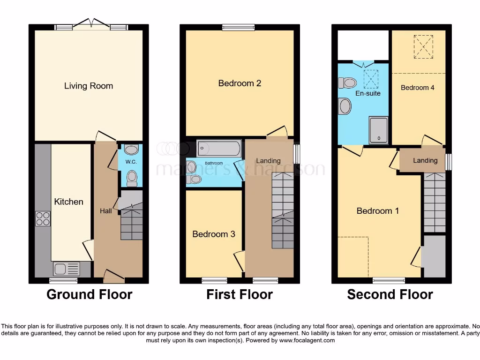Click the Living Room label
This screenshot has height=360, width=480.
pyautogui.click(x=89, y=86)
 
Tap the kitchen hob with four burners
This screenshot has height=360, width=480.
pyautogui.click(x=43, y=219)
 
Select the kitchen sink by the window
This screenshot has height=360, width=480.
pyautogui.click(x=66, y=269)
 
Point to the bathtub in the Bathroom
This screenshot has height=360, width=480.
pyautogui.click(x=218, y=149)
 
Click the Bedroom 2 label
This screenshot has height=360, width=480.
pyautogui.click(x=240, y=83)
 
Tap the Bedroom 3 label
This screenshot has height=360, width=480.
pyautogui.click(x=213, y=234)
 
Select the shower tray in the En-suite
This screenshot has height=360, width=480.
pyautogui.click(x=378, y=130)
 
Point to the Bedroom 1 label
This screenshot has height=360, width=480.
pyautogui.click(x=378, y=211)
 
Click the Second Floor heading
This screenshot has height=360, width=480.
pyautogui.click(x=390, y=294)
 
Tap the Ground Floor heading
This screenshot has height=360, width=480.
pyautogui.click(x=89, y=294)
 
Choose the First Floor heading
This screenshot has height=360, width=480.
pyautogui.click(x=240, y=294)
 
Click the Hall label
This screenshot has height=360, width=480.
pyautogui.click(x=105, y=211)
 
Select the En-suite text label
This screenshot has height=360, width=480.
pyautogui.click(x=368, y=93)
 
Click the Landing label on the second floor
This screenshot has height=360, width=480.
pyautogui.click(x=425, y=160)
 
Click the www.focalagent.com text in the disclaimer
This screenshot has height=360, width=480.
pyautogui.click(x=307, y=340)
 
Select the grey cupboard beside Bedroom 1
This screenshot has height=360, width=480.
pyautogui.click(x=434, y=256)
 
